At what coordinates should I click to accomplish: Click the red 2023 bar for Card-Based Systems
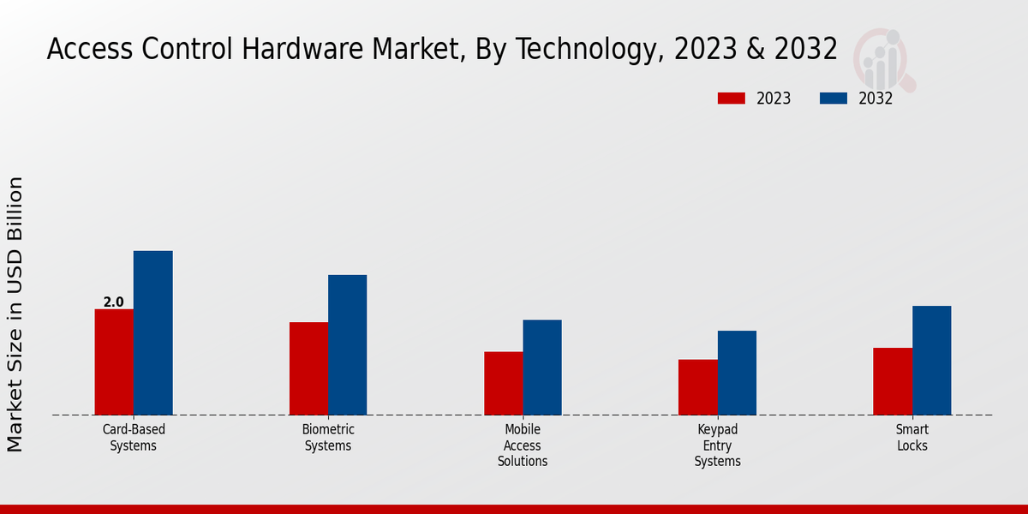pyautogui.click(x=114, y=362)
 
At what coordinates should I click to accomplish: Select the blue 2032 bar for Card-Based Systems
pyautogui.click(x=152, y=332)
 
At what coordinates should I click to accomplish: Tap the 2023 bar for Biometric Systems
pyautogui.click(x=308, y=368)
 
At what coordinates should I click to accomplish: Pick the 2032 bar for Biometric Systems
pyautogui.click(x=347, y=344)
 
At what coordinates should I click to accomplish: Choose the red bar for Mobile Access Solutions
pyautogui.click(x=503, y=383)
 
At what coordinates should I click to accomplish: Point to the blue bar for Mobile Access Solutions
pyautogui.click(x=542, y=367)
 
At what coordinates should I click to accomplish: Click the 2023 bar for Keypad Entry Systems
pyautogui.click(x=697, y=386)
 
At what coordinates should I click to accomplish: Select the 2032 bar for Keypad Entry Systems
pyautogui.click(x=737, y=373)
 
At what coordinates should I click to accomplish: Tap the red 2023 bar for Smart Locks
pyautogui.click(x=892, y=380)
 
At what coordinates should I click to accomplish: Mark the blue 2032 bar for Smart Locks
pyautogui.click(x=931, y=360)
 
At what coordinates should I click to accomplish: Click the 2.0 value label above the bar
pyautogui.click(x=113, y=302)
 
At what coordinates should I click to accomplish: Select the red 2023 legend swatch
pyautogui.click(x=731, y=99)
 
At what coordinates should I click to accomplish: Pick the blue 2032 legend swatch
pyautogui.click(x=833, y=99)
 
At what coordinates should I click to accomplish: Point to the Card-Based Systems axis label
pyautogui.click(x=134, y=437)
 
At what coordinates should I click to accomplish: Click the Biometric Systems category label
pyautogui.click(x=328, y=437)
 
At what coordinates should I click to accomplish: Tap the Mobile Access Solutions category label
pyautogui.click(x=523, y=445)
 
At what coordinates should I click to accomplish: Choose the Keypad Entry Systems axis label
pyautogui.click(x=717, y=445)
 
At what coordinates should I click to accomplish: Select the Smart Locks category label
pyautogui.click(x=911, y=437)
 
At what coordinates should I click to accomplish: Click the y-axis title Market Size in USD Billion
pyautogui.click(x=15, y=314)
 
